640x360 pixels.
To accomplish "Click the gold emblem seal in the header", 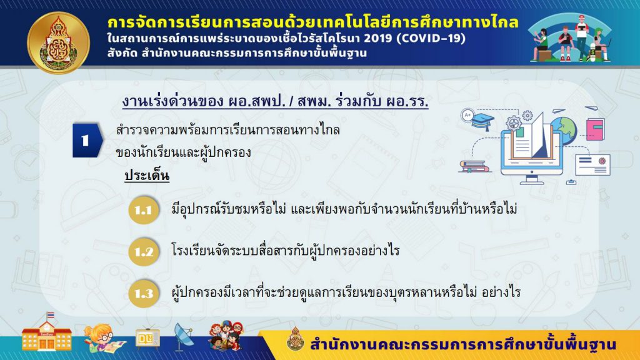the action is point(58,43).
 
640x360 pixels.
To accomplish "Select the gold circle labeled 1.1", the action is point(144,210).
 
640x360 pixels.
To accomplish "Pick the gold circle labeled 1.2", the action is point(144,251).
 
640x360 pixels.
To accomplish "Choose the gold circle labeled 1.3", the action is point(144,293).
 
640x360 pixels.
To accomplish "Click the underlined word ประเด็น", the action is point(147,176).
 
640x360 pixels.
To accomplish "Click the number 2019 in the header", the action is point(377,38).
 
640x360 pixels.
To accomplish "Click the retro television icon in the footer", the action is point(147,337).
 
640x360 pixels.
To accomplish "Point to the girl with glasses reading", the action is point(104,338).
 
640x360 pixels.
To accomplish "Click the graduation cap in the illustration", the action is point(483,122).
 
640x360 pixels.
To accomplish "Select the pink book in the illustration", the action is point(595,129).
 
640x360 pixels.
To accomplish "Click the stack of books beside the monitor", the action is point(474,166).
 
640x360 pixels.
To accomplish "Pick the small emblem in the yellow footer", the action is point(295,339).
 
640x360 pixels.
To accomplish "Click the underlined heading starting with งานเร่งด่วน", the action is point(275,101).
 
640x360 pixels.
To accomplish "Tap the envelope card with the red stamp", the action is point(592,164).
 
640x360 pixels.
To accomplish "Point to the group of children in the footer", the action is point(226,336).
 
